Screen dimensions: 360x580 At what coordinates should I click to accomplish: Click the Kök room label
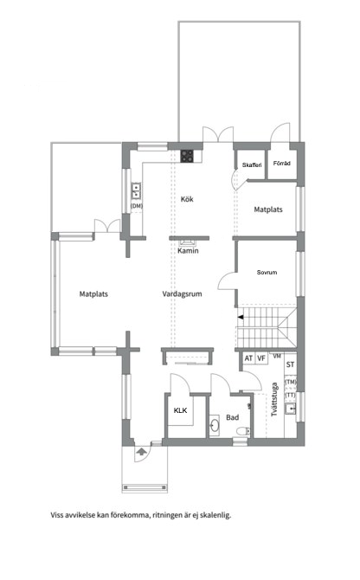187,199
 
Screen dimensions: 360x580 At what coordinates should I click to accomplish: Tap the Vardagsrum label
183,294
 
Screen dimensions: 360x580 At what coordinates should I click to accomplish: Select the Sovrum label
267,272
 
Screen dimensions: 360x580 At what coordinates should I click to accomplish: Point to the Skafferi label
252,165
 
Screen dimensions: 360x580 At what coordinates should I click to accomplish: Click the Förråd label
282,163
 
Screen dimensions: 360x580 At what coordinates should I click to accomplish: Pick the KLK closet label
180,410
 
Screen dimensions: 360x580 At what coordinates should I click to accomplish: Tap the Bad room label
233,417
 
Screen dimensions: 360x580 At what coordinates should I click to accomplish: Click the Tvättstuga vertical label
274,399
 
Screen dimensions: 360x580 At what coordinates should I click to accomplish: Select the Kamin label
188,251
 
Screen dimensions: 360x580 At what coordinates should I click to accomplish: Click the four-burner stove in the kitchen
187,156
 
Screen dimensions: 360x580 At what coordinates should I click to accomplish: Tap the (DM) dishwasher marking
137,206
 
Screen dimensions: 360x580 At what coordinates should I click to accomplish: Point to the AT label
248,358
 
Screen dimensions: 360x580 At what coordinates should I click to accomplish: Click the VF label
261,358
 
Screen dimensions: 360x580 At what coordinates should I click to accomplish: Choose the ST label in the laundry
291,364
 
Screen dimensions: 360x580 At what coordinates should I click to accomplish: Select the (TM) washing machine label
291,382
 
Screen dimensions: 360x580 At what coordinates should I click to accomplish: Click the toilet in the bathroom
243,431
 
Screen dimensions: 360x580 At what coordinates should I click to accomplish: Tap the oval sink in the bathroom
215,424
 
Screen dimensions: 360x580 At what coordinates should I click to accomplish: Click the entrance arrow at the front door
141,451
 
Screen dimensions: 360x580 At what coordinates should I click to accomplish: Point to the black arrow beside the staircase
241,317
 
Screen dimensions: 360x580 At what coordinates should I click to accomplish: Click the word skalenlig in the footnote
215,515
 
